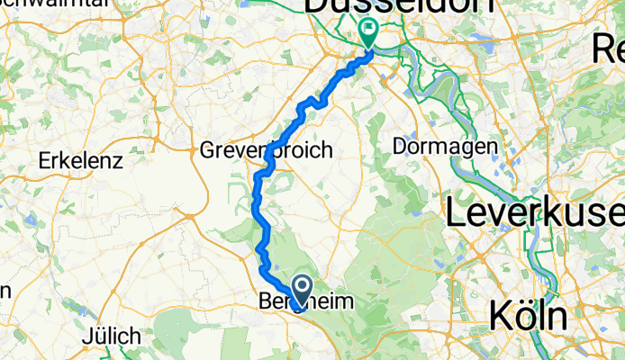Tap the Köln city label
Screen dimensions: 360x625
pos(530,316)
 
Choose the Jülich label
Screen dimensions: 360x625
pos(112,336)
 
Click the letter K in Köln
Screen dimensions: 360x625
pos(500,316)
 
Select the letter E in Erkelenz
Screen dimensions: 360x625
pos(44,163)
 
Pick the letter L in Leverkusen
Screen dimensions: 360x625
pos(457,213)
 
